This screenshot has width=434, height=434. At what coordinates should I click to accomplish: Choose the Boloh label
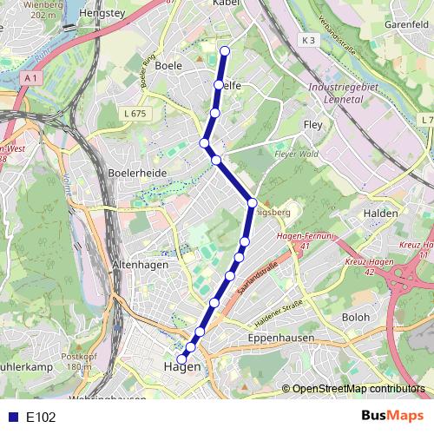357,318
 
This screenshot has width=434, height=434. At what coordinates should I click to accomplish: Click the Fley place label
312,125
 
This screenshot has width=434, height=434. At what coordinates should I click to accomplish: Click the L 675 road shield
134,114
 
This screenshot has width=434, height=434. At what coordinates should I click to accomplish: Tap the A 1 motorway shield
31,78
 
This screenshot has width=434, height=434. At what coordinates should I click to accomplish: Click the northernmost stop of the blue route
225,51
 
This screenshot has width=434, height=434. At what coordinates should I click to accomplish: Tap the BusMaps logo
391,416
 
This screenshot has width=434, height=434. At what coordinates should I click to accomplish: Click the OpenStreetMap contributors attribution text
358,389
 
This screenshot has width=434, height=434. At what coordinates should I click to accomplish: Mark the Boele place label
168,65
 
